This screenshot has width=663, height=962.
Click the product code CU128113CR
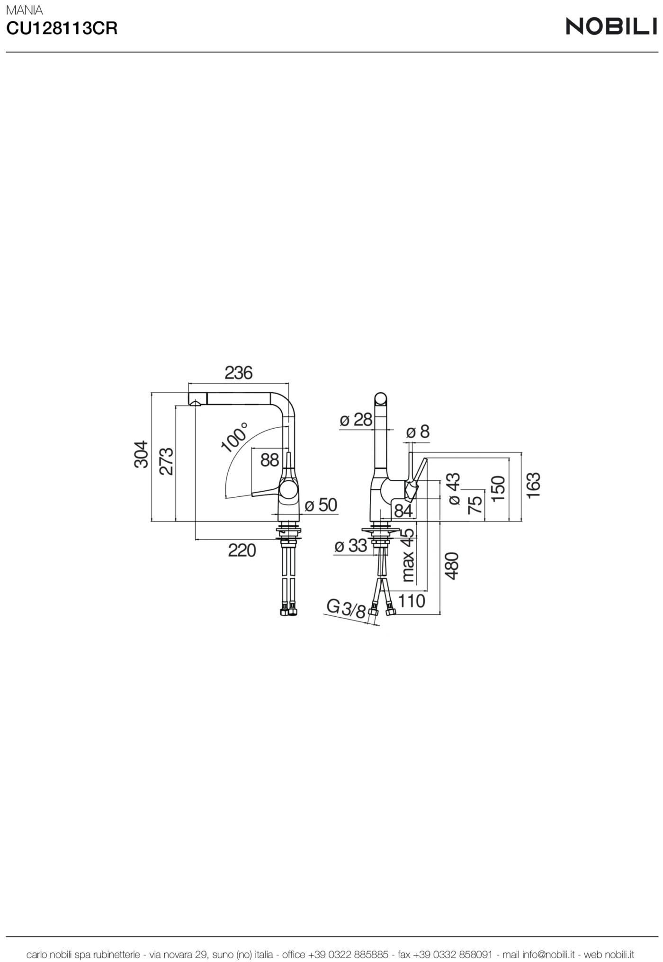[62, 29]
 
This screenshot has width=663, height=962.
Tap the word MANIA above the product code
[24, 10]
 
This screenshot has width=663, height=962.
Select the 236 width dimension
[238, 373]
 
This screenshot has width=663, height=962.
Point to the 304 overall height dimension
[141, 455]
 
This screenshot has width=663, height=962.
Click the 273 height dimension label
[166, 461]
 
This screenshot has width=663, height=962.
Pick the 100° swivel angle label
[234, 436]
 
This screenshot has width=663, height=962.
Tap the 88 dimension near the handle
[269, 460]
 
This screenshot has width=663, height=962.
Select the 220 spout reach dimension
[242, 550]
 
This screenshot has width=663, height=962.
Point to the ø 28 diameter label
[356, 420]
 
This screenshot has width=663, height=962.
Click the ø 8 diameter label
[418, 432]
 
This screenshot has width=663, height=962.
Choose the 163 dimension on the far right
[533, 485]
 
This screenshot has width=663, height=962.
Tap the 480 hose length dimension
[452, 566]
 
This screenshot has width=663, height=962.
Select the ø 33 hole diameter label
[350, 546]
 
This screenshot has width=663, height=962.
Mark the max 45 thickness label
[408, 555]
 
